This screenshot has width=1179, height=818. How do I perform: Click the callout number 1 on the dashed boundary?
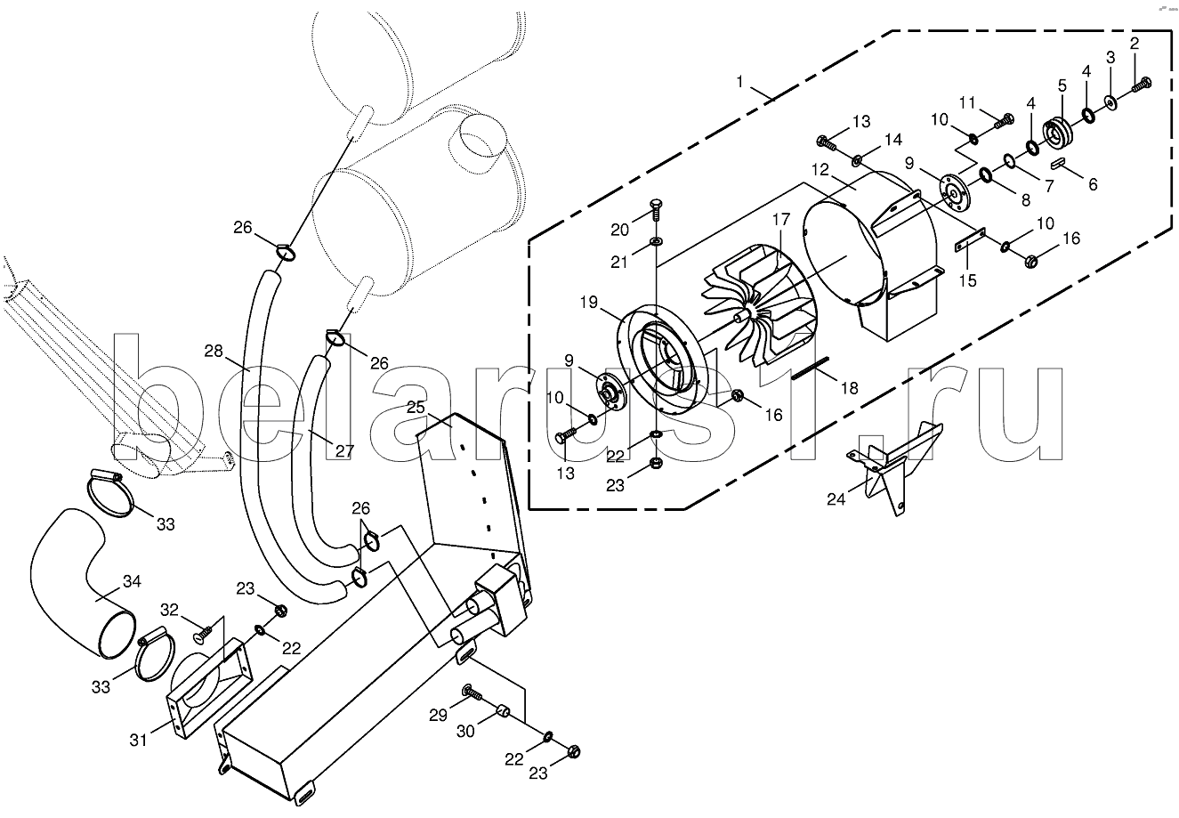(x=740, y=82)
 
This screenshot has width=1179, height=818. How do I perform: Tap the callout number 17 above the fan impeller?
(x=781, y=219)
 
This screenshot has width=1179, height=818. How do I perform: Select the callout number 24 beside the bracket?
(x=836, y=498)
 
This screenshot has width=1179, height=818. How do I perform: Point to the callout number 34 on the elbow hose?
(x=132, y=581)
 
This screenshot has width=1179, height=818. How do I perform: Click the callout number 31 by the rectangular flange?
(x=139, y=740)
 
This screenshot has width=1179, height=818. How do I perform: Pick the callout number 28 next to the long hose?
(x=214, y=351)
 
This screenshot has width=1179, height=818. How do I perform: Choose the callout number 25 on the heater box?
(x=416, y=407)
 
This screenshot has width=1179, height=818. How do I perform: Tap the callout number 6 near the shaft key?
(x=1093, y=184)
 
